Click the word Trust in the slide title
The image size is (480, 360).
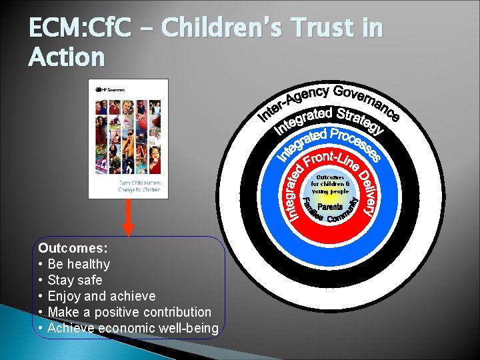[x=316, y=29]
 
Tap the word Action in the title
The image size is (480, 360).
[x=67, y=57]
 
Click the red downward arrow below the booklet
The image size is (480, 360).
[x=129, y=217]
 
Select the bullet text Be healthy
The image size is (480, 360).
[x=79, y=264]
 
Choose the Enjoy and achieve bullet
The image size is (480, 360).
[x=101, y=296]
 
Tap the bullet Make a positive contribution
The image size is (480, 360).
[x=129, y=312]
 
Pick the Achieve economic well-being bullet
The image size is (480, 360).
[x=133, y=328]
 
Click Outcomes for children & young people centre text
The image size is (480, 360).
[x=330, y=185]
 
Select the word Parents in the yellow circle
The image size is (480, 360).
[x=331, y=207]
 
